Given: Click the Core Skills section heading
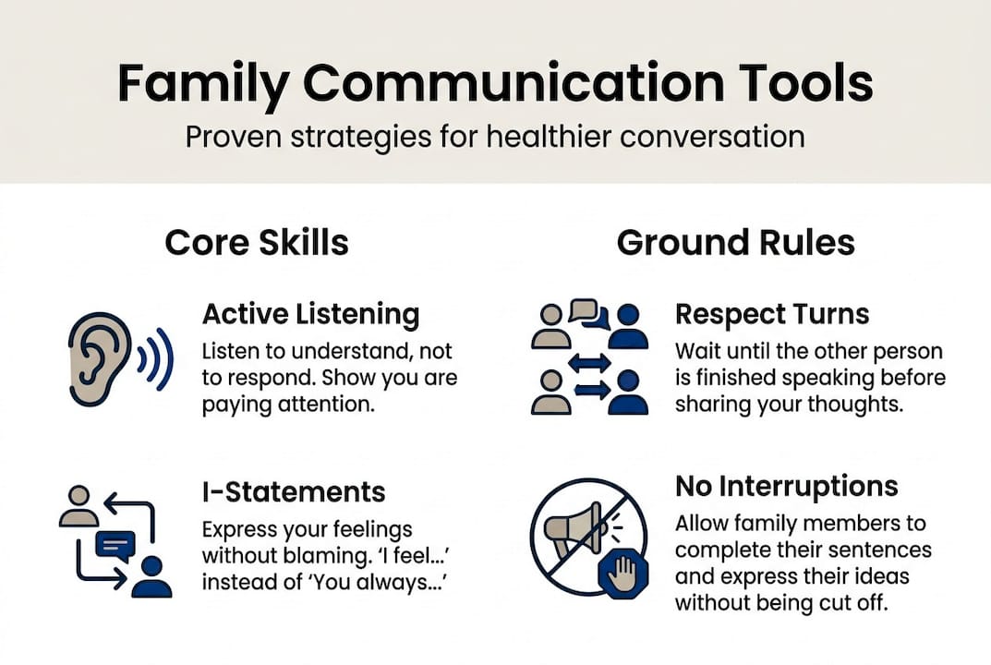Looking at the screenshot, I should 256,243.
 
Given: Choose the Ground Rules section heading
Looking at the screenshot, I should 735,243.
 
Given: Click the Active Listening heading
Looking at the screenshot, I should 310,314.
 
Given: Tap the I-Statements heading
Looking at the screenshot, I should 294,490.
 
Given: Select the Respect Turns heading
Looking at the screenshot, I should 772,314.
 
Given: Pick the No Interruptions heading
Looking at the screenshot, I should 786,486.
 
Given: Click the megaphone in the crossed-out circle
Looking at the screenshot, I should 572,530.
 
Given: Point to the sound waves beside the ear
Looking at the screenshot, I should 154,357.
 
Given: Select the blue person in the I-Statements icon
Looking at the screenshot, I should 151,576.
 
